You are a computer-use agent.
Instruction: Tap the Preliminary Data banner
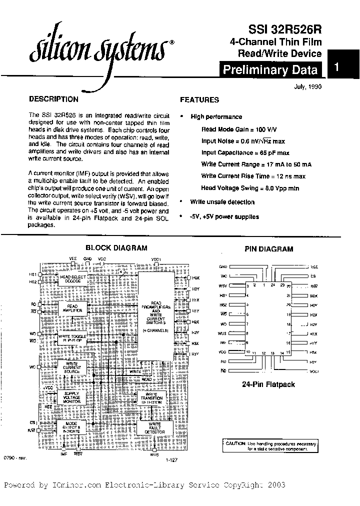270,70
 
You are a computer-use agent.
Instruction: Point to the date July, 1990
307,86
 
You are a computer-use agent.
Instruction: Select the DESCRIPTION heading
54,99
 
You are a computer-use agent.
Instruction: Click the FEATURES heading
199,99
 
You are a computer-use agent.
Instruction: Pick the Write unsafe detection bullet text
222,202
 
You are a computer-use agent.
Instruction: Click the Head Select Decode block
73,279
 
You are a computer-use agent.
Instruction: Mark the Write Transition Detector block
155,398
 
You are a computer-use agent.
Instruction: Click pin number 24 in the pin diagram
272,285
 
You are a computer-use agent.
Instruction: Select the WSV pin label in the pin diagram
223,286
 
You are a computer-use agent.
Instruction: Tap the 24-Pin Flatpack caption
268,384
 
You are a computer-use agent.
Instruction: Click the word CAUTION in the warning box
235,443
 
